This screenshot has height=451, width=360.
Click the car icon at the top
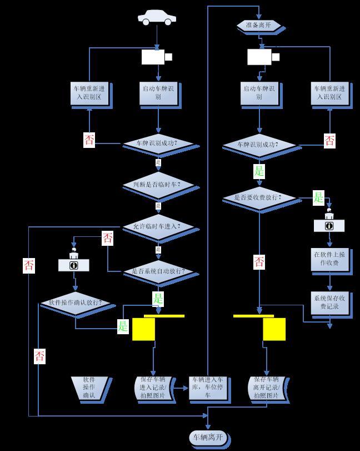(x=157, y=18)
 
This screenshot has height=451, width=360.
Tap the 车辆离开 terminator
(x=208, y=437)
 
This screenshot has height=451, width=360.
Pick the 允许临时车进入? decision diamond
(x=158, y=226)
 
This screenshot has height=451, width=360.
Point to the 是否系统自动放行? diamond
(x=158, y=271)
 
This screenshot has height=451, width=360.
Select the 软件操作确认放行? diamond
(x=75, y=303)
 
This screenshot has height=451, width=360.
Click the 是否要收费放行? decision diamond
(x=258, y=197)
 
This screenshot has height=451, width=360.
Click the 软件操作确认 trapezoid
(x=89, y=388)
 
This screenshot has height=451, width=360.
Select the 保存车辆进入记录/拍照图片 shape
(x=155, y=388)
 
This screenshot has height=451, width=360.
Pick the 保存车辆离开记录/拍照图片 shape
(x=269, y=388)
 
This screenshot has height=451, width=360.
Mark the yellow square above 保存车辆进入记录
(x=143, y=329)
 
